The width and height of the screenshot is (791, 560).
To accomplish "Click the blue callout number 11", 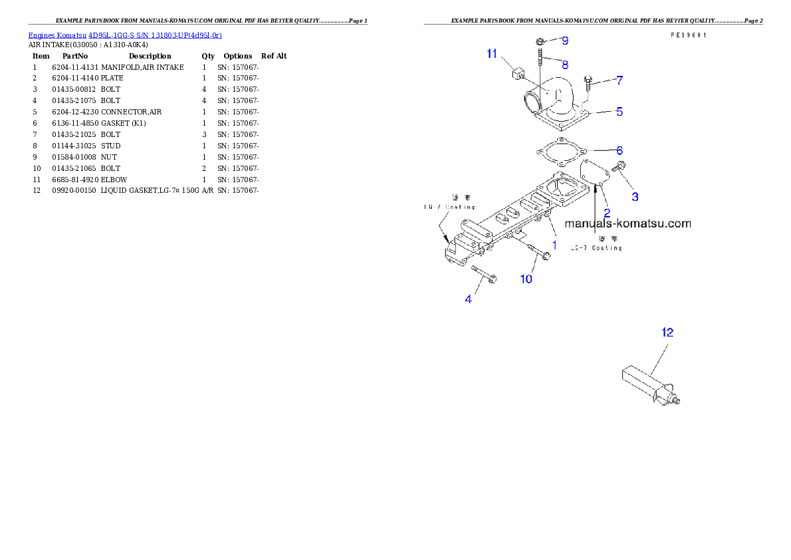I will [x=492, y=54].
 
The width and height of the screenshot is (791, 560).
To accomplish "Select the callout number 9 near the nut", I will [x=565, y=41].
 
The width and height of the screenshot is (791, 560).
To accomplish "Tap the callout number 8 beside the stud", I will [x=565, y=65].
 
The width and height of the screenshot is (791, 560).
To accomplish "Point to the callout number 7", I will [x=619, y=80].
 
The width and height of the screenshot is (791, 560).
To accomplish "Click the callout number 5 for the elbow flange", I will [x=619, y=112].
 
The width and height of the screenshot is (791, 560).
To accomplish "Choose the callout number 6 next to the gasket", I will [x=619, y=151].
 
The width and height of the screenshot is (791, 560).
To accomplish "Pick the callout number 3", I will [x=635, y=197].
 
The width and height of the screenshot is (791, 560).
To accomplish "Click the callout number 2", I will [x=607, y=213].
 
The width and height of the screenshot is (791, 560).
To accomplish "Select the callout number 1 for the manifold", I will [x=554, y=245].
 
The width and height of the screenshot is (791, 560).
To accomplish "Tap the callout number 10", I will [x=526, y=279].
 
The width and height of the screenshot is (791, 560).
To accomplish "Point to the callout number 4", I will [x=469, y=300].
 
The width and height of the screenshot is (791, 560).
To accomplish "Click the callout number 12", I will [x=667, y=332].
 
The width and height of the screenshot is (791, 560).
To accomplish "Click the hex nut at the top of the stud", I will [x=540, y=41].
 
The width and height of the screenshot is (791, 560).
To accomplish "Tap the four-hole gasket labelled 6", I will [x=560, y=152].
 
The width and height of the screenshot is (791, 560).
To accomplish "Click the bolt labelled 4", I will [x=485, y=275].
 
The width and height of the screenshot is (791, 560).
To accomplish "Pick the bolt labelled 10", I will [x=539, y=252].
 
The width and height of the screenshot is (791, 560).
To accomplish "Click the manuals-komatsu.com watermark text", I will [x=627, y=224].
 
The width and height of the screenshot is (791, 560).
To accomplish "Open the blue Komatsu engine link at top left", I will [x=125, y=35].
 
